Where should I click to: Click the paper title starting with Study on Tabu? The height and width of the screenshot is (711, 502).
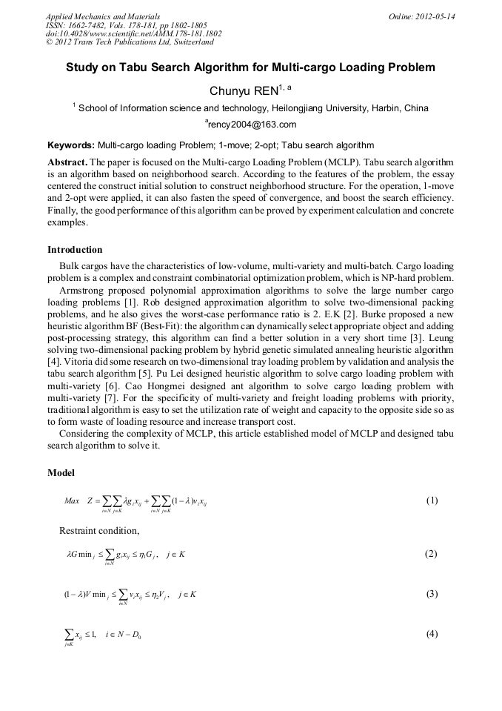tap(250, 67)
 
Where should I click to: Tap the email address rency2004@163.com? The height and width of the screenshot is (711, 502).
tap(252, 125)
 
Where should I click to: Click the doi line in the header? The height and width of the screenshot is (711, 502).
tap(133, 34)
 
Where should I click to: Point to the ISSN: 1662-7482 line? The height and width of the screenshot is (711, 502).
tap(127, 25)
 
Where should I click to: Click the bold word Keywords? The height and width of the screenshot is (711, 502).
tap(71, 145)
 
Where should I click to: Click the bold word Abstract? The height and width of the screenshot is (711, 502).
tap(68, 162)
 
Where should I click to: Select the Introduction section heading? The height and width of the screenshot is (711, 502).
tap(75, 249)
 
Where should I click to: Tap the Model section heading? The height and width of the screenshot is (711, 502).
tap(61, 472)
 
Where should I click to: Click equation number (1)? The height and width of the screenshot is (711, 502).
tap(432, 500)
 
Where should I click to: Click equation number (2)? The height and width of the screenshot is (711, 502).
tap(432, 554)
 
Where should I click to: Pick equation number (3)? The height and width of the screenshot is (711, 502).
tap(432, 594)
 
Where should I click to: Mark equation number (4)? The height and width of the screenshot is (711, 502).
tap(432, 634)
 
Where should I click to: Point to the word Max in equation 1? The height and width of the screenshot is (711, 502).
tap(72, 501)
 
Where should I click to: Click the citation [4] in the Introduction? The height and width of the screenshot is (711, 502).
tap(53, 361)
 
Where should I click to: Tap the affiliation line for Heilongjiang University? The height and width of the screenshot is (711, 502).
tap(250, 108)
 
